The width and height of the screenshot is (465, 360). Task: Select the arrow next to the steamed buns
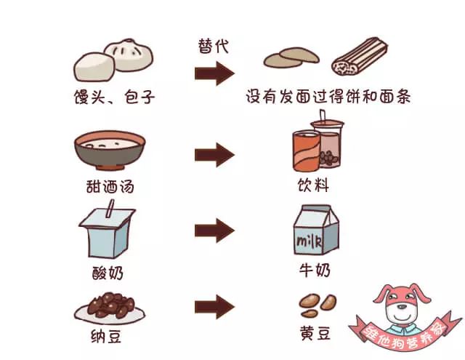pyautogui.click(x=214, y=73)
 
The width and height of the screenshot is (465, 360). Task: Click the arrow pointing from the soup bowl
pyautogui.click(x=214, y=154)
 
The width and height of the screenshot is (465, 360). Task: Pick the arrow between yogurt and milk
pyautogui.click(x=214, y=231)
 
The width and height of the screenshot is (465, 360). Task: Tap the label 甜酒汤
pyautogui.click(x=110, y=186)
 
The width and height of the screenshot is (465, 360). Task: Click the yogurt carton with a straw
pyautogui.click(x=108, y=232)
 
